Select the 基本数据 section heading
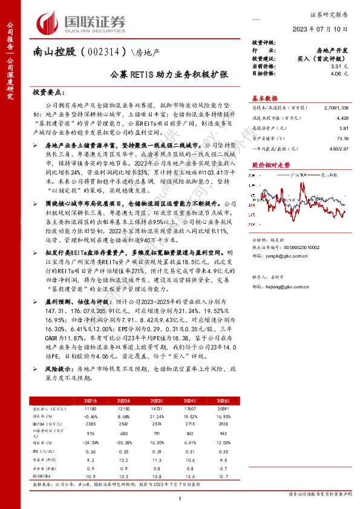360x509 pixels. click(264, 99)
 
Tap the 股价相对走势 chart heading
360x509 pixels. click(266, 164)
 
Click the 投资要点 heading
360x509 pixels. click(48, 93)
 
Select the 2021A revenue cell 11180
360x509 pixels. click(89, 409)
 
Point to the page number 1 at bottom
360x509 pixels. click(180, 498)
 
